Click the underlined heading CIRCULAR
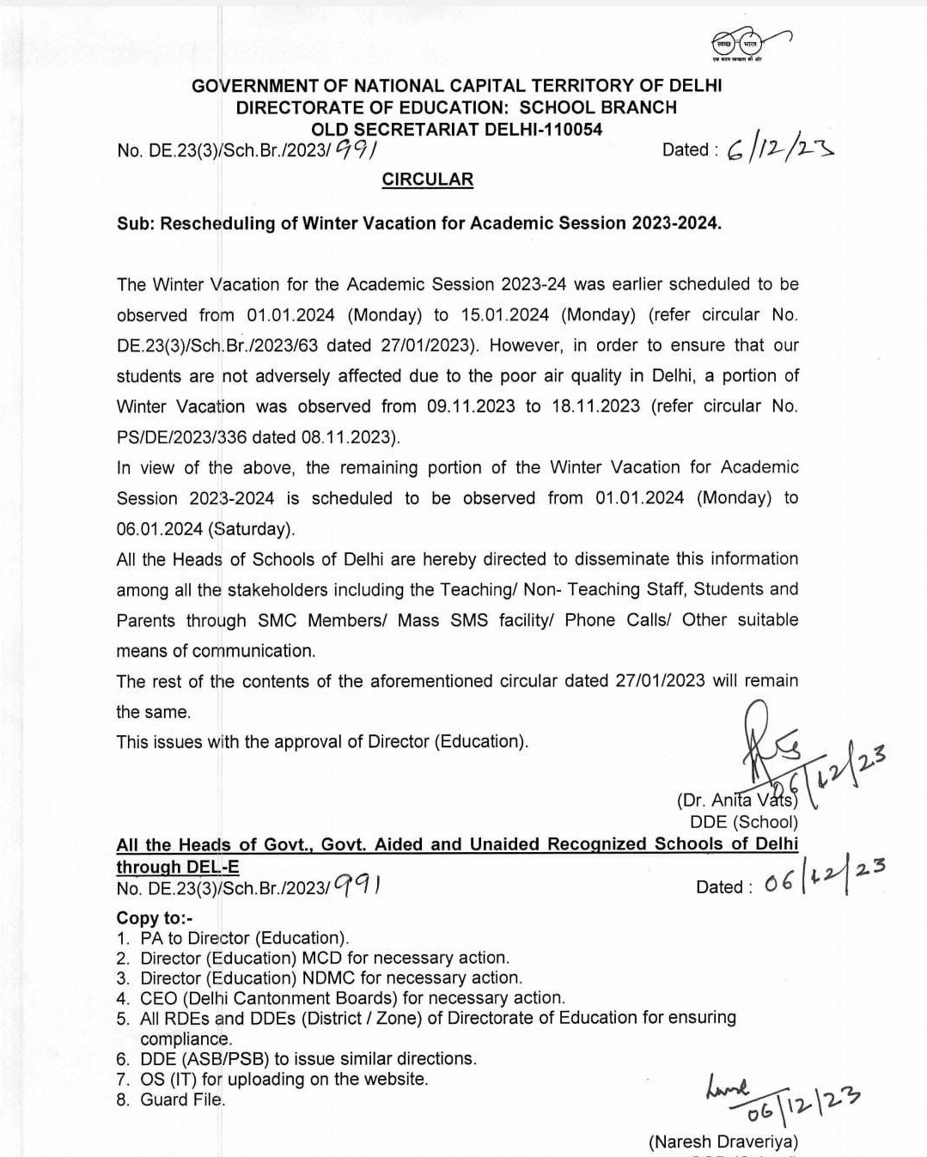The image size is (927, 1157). (x=427, y=180)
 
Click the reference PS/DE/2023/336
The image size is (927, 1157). (x=181, y=437)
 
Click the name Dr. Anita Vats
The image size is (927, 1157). (x=737, y=801)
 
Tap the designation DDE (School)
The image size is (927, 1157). (x=744, y=822)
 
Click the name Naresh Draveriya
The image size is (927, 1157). (x=724, y=1142)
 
